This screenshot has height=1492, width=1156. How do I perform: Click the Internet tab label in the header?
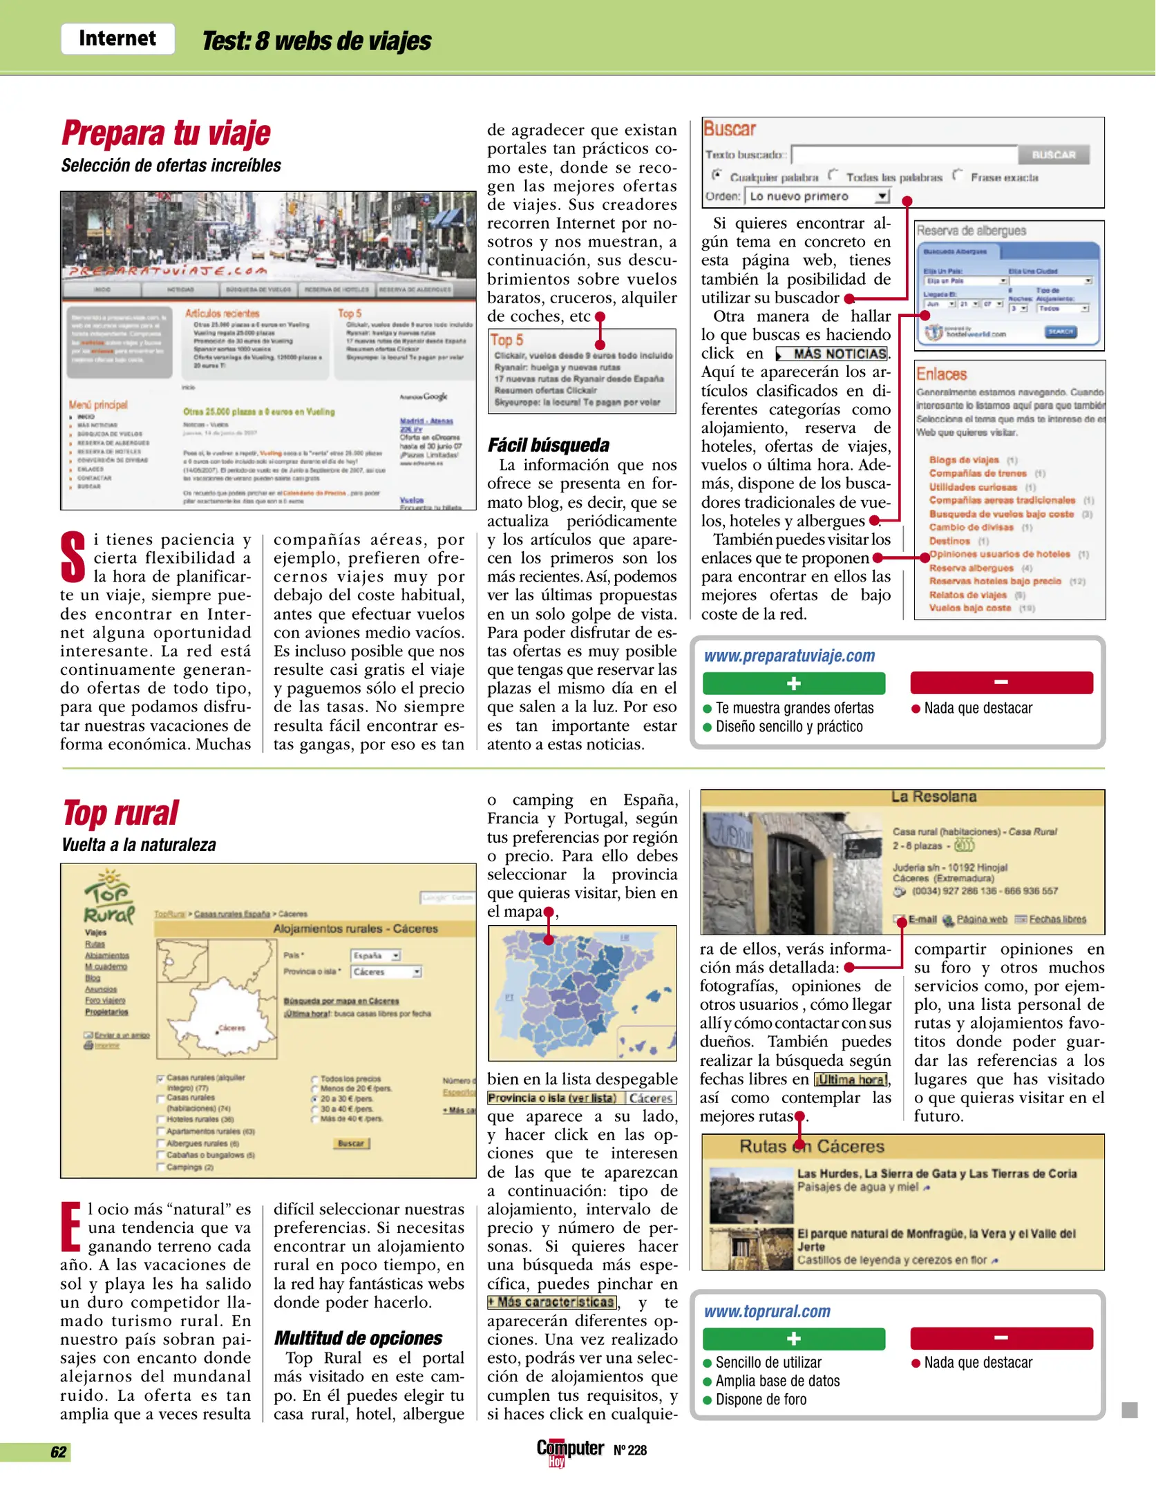[x=117, y=39]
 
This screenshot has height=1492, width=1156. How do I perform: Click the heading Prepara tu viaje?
[x=166, y=133]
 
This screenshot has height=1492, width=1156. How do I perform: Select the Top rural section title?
[x=121, y=813]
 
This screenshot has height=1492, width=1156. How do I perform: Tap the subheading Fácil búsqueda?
[x=549, y=445]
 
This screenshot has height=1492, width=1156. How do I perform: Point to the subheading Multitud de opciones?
[x=358, y=1338]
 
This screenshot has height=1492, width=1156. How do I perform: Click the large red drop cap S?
[x=73, y=557]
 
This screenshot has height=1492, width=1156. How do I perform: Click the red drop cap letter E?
[x=71, y=1227]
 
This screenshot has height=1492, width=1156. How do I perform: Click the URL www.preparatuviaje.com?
[x=789, y=656]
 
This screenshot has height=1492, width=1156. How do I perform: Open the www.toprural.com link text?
[x=767, y=1311]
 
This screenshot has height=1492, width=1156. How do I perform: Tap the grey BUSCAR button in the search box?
[x=1053, y=155]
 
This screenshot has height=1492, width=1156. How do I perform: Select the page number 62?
[x=59, y=1452]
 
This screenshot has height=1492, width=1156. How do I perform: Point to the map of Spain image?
[x=582, y=993]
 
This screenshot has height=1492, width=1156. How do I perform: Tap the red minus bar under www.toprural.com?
[x=1001, y=1338]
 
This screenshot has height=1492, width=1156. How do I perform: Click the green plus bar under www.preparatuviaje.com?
[x=793, y=683]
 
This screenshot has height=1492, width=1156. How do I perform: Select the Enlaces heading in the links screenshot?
[x=941, y=374]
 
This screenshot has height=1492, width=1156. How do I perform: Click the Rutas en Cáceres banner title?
[x=811, y=1147]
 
